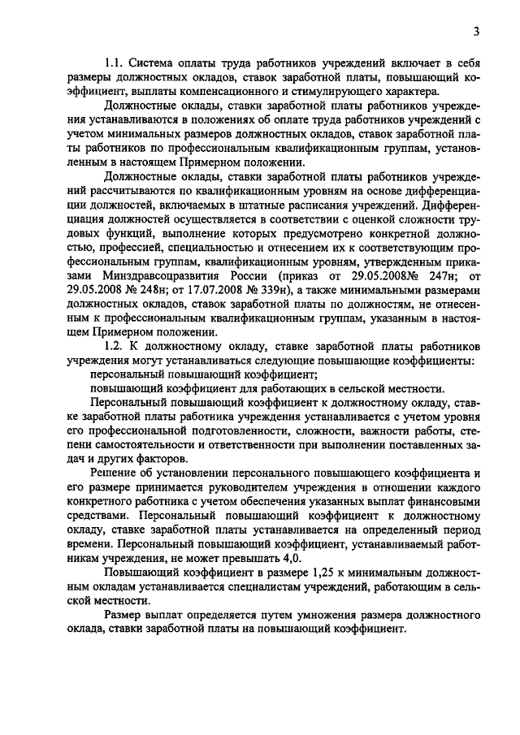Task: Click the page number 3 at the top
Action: point(478,31)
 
